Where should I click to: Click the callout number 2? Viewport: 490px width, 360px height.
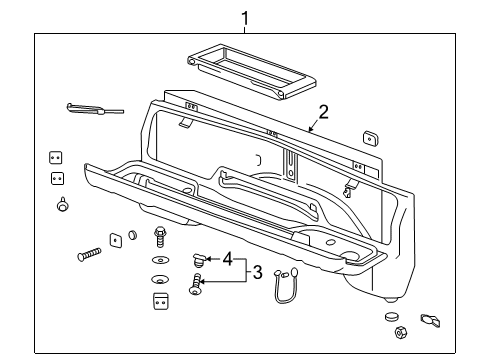pos(323,112)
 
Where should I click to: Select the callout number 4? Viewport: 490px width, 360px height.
pos(228,259)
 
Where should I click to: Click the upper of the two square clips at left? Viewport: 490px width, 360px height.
pos(57,158)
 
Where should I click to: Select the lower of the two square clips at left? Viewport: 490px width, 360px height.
pos(57,179)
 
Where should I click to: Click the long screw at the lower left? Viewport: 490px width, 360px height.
pos(90,253)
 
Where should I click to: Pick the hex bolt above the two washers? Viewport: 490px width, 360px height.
pos(159,238)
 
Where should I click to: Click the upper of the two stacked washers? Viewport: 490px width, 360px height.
pos(158,260)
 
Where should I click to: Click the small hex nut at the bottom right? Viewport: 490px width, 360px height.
pos(399,331)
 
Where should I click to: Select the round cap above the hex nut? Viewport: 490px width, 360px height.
pos(392,316)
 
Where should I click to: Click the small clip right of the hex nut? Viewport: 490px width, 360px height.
pos(431,320)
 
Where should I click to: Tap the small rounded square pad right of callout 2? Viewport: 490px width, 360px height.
pos(369,137)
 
